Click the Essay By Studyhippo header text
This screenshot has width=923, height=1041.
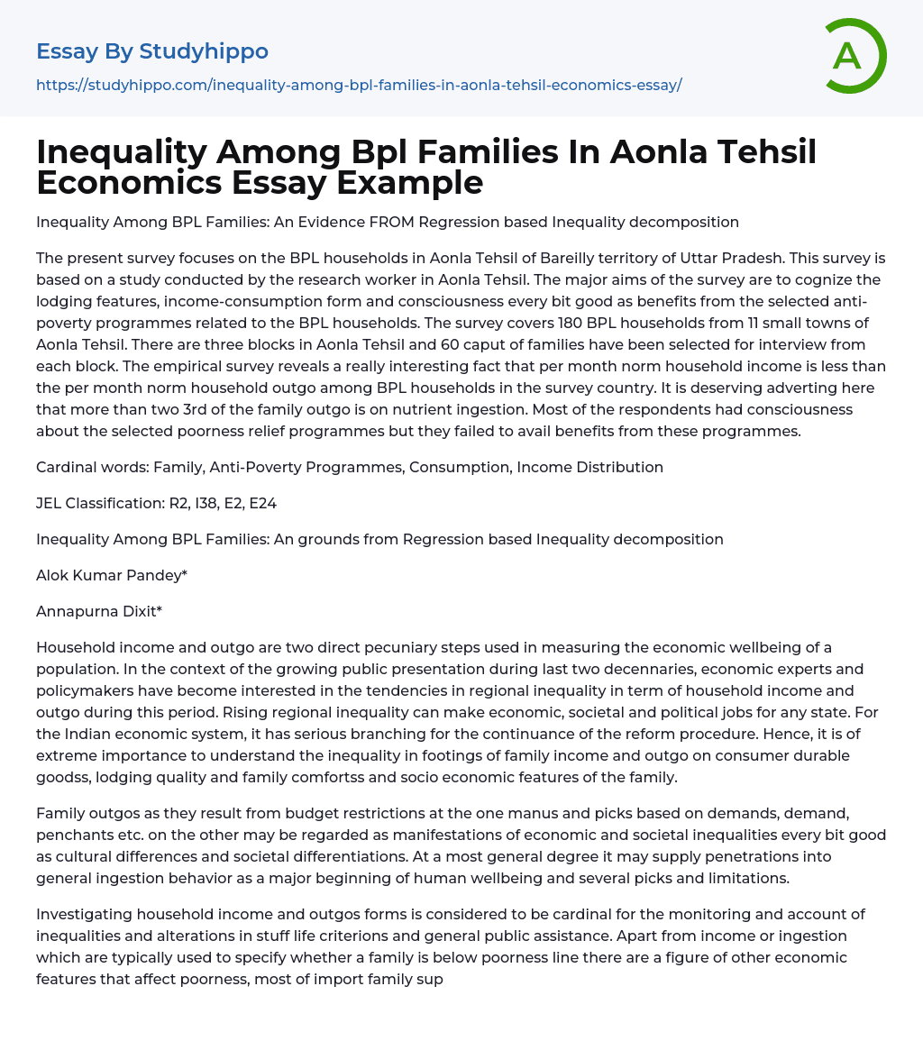tap(152, 51)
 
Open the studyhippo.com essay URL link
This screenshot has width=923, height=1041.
tap(359, 85)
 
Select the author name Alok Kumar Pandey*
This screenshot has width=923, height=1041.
tap(112, 575)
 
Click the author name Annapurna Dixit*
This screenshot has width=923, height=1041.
tap(99, 611)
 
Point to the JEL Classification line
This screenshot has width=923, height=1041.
tap(156, 503)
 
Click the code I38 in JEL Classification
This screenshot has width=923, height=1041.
tap(206, 503)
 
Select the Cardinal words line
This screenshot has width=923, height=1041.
tap(350, 467)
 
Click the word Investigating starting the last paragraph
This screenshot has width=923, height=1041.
tap(84, 914)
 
